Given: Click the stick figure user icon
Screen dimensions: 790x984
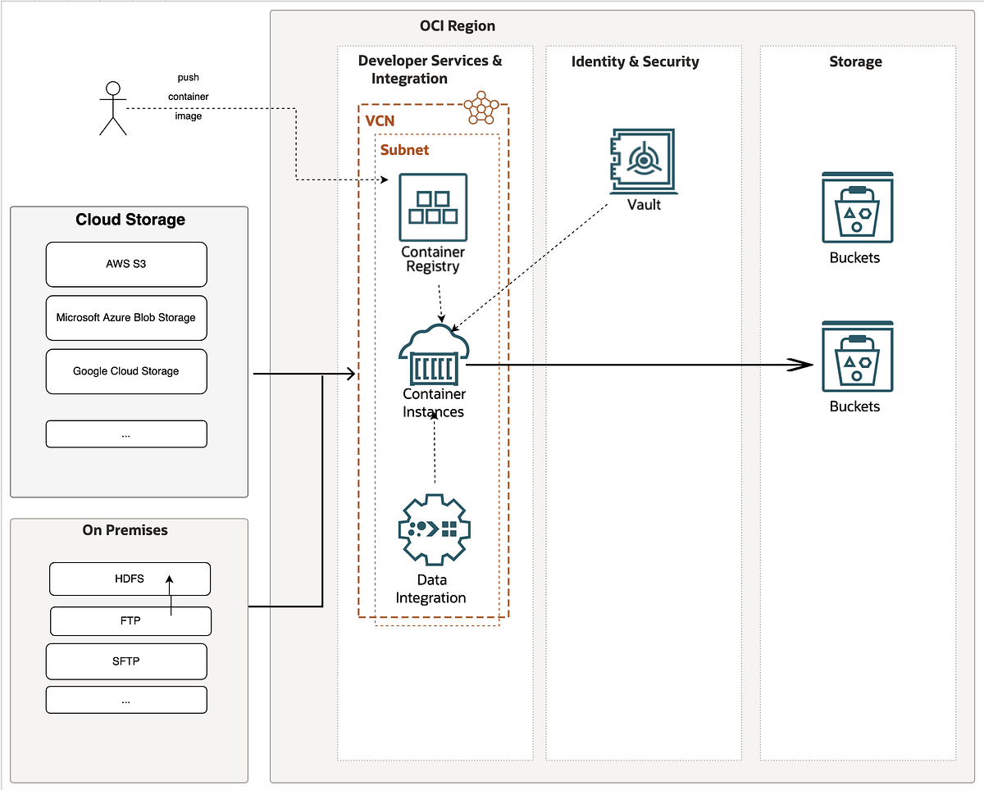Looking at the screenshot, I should (x=113, y=108).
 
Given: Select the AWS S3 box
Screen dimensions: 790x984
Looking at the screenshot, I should (x=126, y=265).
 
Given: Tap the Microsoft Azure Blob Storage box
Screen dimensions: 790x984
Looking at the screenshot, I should (x=126, y=318).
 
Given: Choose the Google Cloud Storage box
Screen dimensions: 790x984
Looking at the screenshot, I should (x=126, y=371).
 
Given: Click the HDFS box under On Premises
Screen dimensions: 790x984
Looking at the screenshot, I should (x=130, y=579).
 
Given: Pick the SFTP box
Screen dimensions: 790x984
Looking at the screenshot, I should (x=126, y=661).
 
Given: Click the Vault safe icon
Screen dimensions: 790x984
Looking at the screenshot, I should (x=644, y=161).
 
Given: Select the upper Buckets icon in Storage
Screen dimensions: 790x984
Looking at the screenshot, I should (x=857, y=207).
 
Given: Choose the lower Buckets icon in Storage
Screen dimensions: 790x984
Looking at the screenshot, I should (x=857, y=356).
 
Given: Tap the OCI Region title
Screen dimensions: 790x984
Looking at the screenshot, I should (x=458, y=25).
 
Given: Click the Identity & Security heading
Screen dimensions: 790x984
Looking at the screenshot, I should (x=635, y=61).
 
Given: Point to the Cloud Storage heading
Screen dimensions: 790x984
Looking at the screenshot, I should (x=130, y=220).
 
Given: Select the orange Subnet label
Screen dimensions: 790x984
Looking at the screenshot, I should (x=404, y=151).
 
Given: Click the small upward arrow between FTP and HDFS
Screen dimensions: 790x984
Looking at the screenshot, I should (x=171, y=592).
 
